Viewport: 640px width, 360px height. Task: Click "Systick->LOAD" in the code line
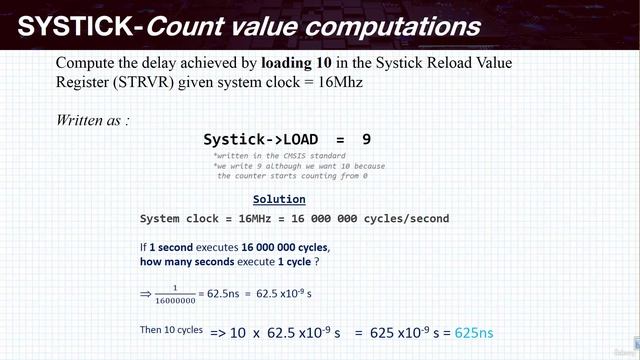coord(259,140)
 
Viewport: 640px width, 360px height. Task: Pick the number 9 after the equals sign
coord(367,140)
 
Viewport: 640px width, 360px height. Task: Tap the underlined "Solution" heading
coord(279,199)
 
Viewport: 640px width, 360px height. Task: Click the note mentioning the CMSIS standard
coord(280,156)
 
